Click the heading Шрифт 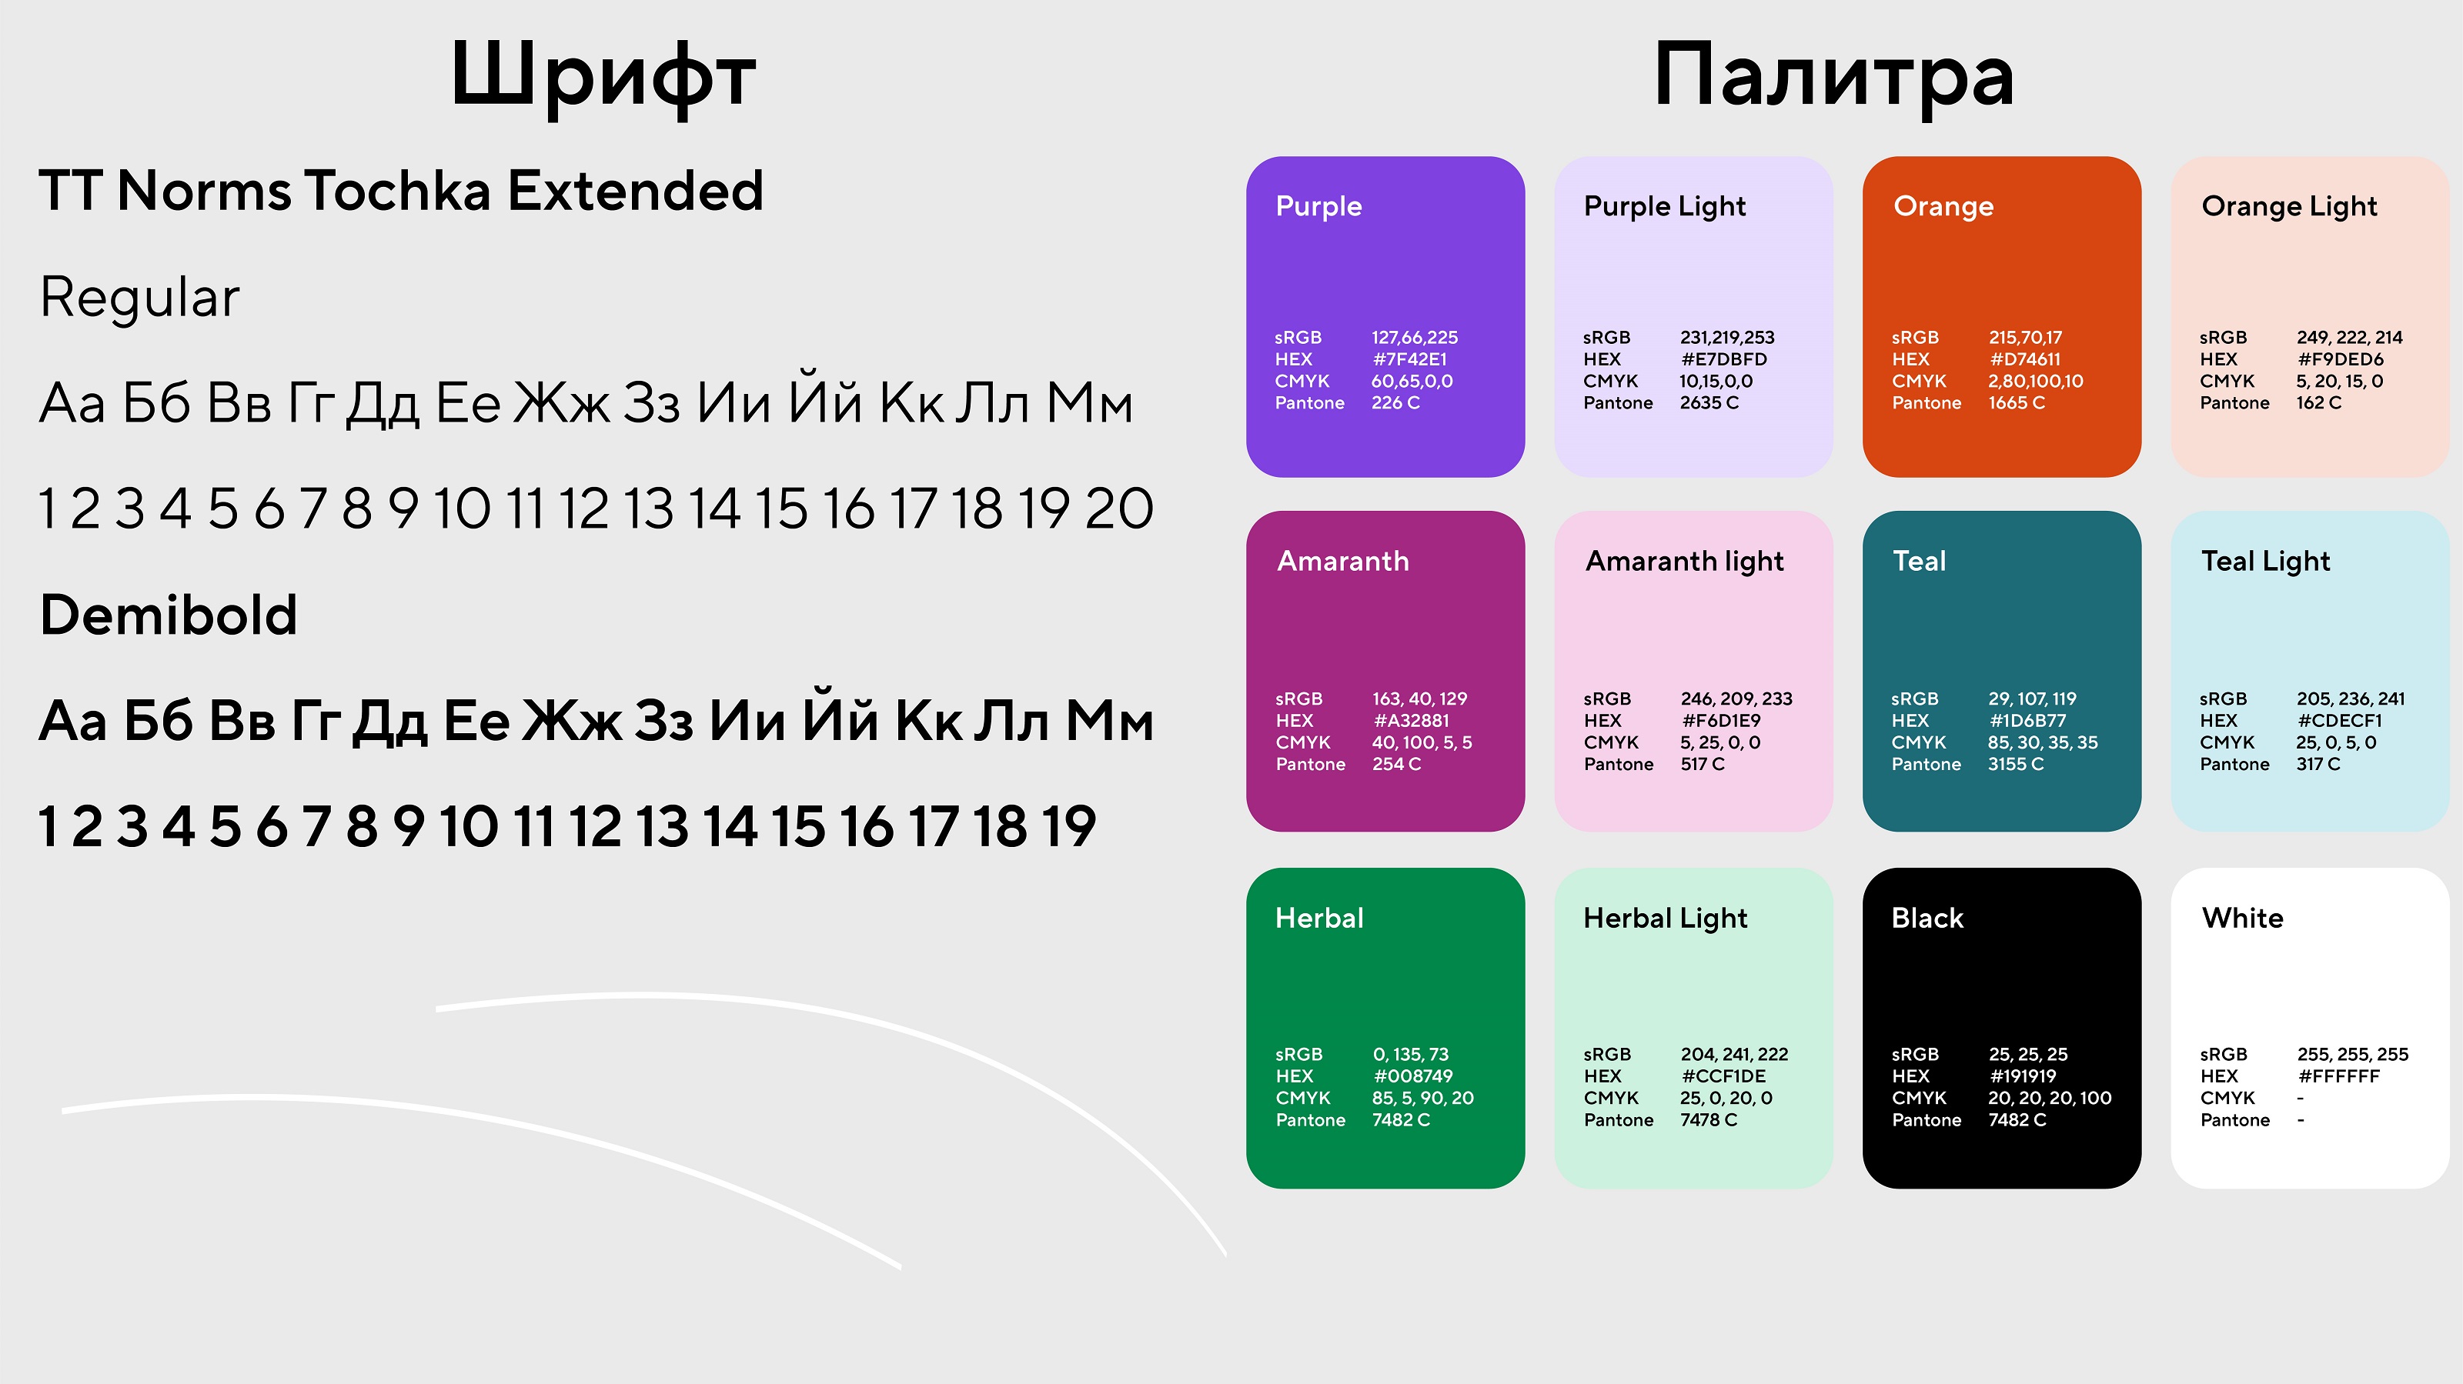tap(603, 76)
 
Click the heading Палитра tap(1834, 76)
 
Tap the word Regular tap(139, 297)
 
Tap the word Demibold tap(169, 615)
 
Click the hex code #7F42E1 tap(1409, 359)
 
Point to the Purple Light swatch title tap(1665, 206)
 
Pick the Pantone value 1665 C tap(2017, 403)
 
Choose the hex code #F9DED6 tap(2340, 359)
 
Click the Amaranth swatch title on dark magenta tap(1342, 561)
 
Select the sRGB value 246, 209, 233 tap(1736, 699)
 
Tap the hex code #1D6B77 tap(2027, 721)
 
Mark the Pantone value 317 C tap(2318, 765)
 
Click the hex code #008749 tap(1412, 1076)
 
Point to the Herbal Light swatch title tap(1665, 919)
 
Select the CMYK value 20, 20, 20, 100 tap(2049, 1099)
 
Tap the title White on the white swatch tap(2242, 919)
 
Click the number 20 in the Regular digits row tap(1118, 509)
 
